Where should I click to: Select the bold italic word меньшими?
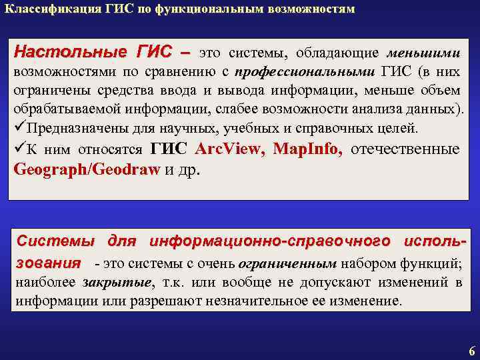click(431, 53)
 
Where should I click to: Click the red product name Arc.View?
click(230, 149)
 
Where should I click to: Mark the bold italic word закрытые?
click(117, 282)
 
